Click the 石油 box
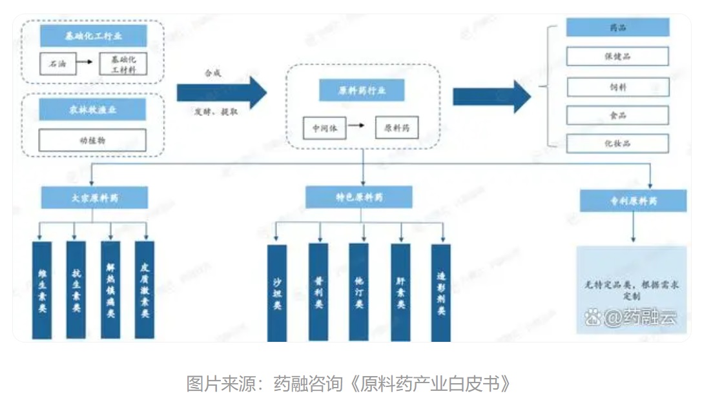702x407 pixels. click(x=57, y=63)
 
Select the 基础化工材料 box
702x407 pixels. click(x=123, y=63)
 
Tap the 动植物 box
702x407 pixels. click(x=92, y=140)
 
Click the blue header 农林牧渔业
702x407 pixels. click(x=92, y=109)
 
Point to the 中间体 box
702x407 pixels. click(x=324, y=128)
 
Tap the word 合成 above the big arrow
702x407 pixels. click(x=213, y=73)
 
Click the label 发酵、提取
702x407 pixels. click(x=216, y=111)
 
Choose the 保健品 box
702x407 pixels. click(x=617, y=56)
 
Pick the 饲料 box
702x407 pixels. click(x=617, y=86)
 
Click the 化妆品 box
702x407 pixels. click(x=617, y=143)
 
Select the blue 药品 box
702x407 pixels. click(x=617, y=28)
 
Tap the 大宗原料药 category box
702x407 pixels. click(x=94, y=197)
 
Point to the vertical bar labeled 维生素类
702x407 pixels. click(x=41, y=290)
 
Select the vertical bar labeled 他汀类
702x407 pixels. click(x=359, y=292)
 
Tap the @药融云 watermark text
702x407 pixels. click(x=632, y=317)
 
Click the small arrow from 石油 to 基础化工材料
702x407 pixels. click(x=82, y=63)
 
